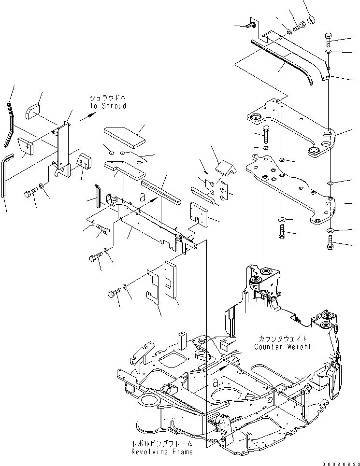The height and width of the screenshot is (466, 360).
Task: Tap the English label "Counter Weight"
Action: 282,347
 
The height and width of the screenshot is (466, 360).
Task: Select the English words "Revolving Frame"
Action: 162,452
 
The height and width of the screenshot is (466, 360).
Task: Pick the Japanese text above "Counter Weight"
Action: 282,339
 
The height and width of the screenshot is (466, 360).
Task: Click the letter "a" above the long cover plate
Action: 142,197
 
